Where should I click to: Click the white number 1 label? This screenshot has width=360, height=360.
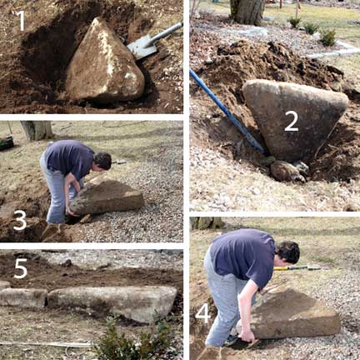pos(21,20)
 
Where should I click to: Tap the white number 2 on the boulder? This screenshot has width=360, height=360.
pos(292,122)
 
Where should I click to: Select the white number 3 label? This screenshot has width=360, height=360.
pos(20,221)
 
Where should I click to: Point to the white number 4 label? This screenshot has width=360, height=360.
pos(202,313)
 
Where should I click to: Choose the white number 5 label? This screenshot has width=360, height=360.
pos(20,268)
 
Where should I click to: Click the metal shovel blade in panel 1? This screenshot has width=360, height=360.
pos(142,47)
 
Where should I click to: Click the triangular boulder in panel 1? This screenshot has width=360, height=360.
pos(104,62)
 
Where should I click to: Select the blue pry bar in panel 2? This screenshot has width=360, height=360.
pos(227,112)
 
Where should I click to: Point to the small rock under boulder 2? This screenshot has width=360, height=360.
pos(287,172)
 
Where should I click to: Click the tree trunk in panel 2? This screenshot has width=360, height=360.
pos(247,11)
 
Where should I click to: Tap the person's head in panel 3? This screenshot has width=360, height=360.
pos(102,160)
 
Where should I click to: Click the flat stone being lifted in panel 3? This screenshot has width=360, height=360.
pos(107,197)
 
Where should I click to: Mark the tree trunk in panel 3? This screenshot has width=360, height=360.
pos(37,130)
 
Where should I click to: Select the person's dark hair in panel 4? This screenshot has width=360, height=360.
pos(288,251)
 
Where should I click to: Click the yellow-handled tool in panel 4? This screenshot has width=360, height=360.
pos(297,268)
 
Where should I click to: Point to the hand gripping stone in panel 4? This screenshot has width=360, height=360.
pos(247,336)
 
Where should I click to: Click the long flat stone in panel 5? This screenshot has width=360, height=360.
pos(112,302)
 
